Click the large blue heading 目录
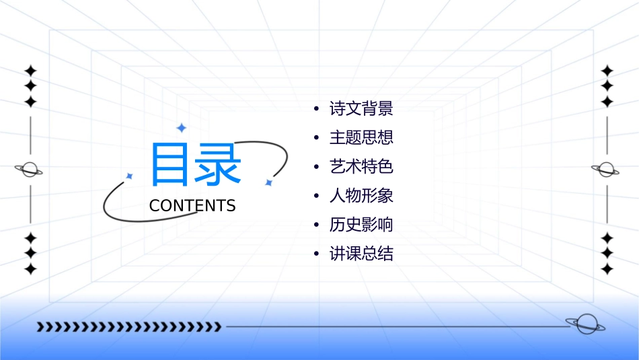click(195, 165)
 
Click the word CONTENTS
click(192, 206)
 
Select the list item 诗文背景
click(361, 108)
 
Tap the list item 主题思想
click(361, 138)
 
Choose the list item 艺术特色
click(361, 167)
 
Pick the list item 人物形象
click(361, 196)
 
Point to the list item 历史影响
click(361, 225)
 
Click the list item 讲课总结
click(361, 254)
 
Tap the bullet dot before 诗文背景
click(316, 109)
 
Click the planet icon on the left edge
click(29, 170)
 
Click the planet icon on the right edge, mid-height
click(605, 170)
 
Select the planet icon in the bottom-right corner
click(585, 324)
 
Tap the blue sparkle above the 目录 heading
click(181, 128)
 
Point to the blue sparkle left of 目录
click(129, 176)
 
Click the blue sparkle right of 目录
click(268, 182)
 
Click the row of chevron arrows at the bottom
click(128, 327)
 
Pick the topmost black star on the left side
click(30, 70)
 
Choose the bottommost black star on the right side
click(607, 269)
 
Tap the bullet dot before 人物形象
click(316, 196)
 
